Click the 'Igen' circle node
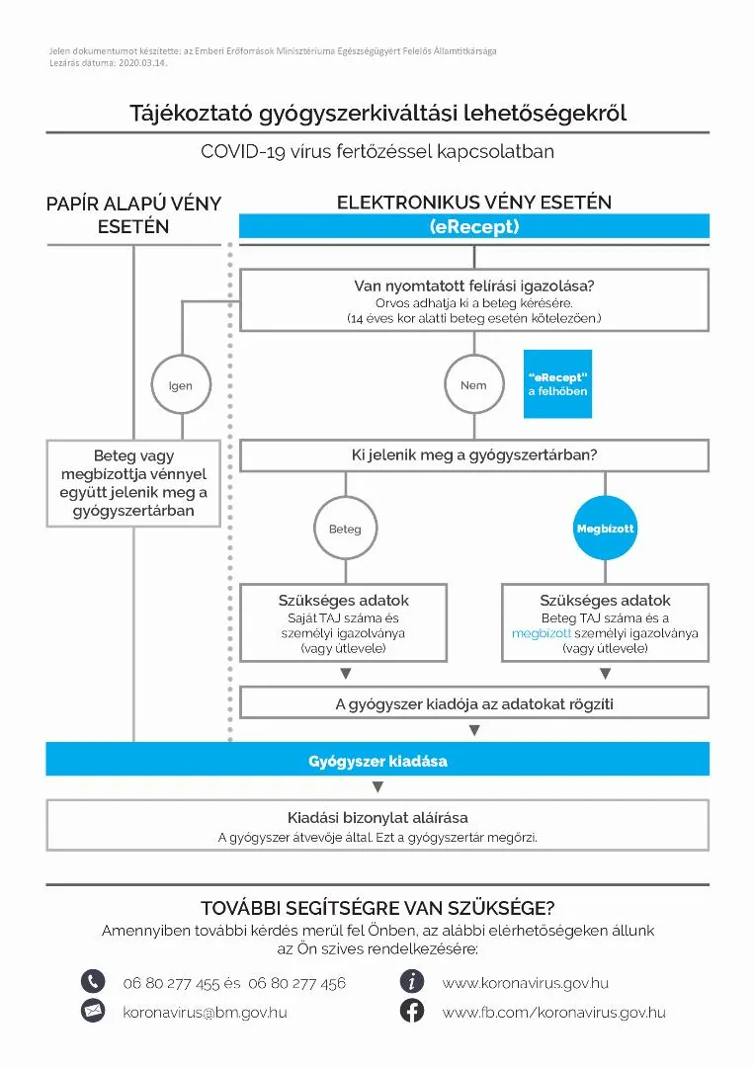(180, 385)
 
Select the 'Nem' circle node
(473, 385)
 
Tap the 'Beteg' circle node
(345, 529)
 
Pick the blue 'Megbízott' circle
(605, 529)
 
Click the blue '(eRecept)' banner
(474, 226)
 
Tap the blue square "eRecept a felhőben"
(557, 384)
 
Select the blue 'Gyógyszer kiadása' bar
(377, 760)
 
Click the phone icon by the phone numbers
(93, 982)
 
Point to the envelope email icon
(93, 1011)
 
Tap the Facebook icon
(412, 1011)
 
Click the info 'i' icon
(412, 982)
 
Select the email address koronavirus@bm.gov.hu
(205, 1012)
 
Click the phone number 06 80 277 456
(297, 983)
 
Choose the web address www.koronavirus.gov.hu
(525, 983)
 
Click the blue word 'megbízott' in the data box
(542, 633)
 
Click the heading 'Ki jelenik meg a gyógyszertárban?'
(474, 455)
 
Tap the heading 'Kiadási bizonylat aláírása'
(377, 817)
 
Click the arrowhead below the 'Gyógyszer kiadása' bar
(377, 787)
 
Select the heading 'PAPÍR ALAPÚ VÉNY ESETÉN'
(133, 214)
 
